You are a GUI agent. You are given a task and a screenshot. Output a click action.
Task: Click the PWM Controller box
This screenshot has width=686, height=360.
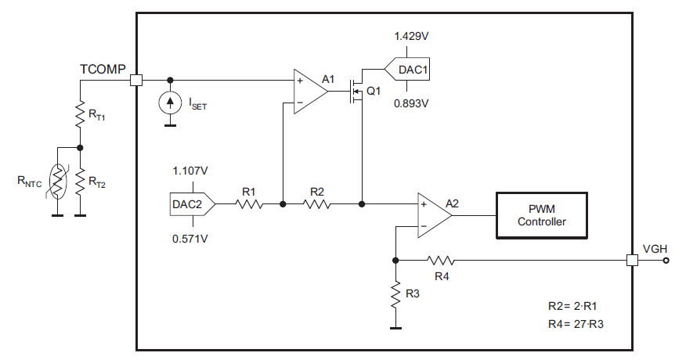click(x=541, y=214)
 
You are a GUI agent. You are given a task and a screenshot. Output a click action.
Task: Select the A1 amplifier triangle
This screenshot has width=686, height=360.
click(x=309, y=92)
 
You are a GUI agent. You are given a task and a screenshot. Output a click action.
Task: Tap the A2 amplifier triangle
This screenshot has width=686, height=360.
click(x=433, y=214)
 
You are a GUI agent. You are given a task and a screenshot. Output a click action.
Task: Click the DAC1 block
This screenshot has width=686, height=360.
click(x=409, y=70)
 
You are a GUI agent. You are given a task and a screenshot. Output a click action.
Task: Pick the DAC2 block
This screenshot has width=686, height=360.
click(x=188, y=204)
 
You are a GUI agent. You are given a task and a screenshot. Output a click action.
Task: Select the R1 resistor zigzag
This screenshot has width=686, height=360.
click(x=250, y=204)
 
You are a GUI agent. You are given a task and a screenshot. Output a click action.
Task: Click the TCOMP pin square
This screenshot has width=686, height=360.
click(x=136, y=80)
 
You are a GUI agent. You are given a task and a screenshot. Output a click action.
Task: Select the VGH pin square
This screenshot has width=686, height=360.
click(x=632, y=260)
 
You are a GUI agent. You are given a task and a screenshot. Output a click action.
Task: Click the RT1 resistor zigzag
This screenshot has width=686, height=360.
click(x=80, y=115)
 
